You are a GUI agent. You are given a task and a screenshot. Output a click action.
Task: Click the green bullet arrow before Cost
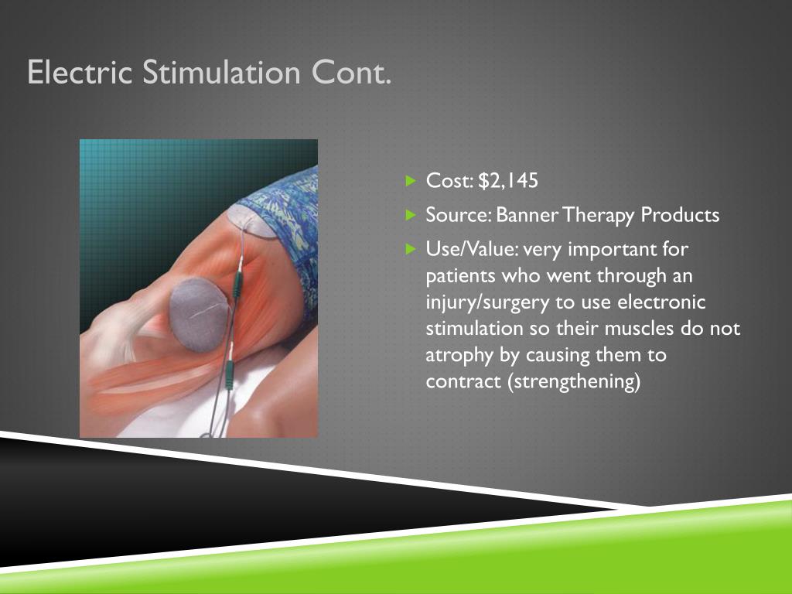[x=411, y=181]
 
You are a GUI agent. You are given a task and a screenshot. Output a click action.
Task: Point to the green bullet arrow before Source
[x=411, y=215]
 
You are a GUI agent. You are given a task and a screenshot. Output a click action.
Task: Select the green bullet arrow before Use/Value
[x=411, y=249]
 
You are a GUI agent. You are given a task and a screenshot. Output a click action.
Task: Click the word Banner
[x=527, y=215]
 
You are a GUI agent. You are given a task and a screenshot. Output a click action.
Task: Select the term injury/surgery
[x=488, y=303]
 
